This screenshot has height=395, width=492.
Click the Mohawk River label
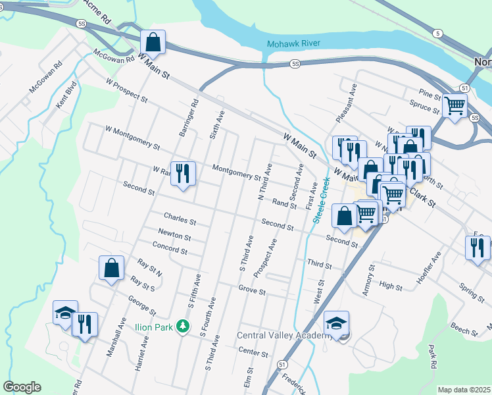(293, 44)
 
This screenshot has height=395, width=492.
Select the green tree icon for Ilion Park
(185, 325)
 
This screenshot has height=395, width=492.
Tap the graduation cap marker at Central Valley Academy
(336, 323)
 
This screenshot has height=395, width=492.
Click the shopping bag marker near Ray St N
(111, 267)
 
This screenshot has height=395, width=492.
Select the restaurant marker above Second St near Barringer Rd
(183, 174)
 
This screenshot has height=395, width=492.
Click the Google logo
(22, 387)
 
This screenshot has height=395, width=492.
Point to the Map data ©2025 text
(463, 390)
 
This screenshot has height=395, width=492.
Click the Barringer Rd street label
(188, 118)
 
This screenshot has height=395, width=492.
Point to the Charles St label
(180, 217)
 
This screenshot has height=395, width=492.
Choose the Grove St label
(251, 290)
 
